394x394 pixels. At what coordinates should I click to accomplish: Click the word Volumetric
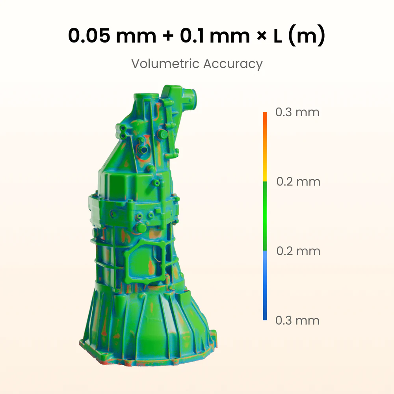coord(165,63)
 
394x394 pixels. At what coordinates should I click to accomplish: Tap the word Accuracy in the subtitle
coord(232,64)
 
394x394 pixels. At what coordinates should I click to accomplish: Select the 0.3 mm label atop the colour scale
coord(297,112)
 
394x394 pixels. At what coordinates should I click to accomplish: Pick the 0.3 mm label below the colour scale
coord(297,320)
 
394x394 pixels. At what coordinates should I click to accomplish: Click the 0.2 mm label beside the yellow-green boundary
coord(298,182)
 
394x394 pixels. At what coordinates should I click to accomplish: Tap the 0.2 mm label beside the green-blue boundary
coord(298,251)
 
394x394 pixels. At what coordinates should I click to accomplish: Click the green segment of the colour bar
coord(265,216)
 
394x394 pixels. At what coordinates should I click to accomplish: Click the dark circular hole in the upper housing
coord(144,150)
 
